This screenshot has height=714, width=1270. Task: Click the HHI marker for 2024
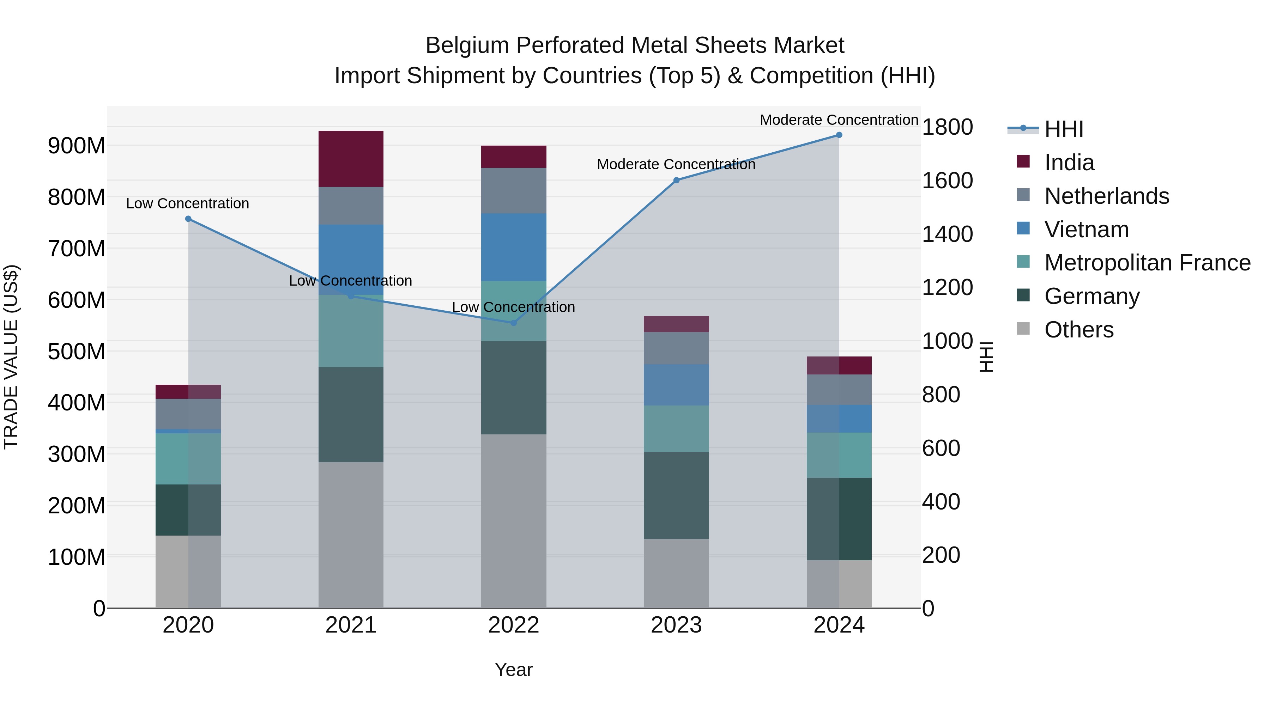point(839,135)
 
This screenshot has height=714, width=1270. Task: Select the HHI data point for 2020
point(188,219)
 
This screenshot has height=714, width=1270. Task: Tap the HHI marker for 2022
point(513,323)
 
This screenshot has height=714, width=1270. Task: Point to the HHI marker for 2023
point(676,180)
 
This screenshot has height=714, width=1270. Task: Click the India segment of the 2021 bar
point(351,159)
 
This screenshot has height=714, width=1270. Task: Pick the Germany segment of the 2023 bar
point(676,495)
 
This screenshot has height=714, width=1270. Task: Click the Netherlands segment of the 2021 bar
point(351,206)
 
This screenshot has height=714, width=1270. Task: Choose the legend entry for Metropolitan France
point(1147,263)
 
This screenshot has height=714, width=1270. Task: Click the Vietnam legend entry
point(1086,230)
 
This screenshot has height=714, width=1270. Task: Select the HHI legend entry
point(1063,129)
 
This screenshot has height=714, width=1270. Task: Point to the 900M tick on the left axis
point(77,146)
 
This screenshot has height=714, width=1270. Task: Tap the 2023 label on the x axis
point(676,625)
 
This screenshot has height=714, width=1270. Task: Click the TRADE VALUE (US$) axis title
point(11,357)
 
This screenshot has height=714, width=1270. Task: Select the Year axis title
point(513,670)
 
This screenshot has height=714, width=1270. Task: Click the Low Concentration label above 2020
point(187,203)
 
